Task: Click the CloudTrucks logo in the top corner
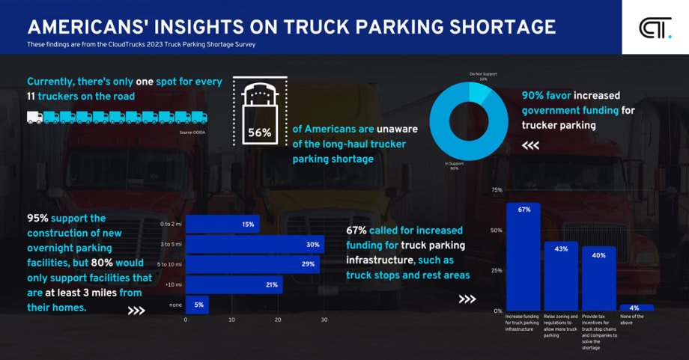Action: (x=655, y=28)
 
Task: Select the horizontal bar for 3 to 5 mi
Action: (x=255, y=244)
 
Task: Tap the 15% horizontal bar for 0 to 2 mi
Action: (x=222, y=224)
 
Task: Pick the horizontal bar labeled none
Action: (x=197, y=305)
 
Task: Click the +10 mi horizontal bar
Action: (x=234, y=284)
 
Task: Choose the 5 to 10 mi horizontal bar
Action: (x=252, y=264)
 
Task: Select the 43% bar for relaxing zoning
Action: (x=561, y=275)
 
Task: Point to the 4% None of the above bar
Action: (x=636, y=308)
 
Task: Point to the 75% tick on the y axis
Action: (x=497, y=190)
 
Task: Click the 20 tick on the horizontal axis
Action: (x=278, y=320)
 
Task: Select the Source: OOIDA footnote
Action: (x=192, y=132)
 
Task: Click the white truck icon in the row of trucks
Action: (x=34, y=118)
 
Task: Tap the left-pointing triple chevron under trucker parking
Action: (x=530, y=146)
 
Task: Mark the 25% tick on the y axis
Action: (x=497, y=270)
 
